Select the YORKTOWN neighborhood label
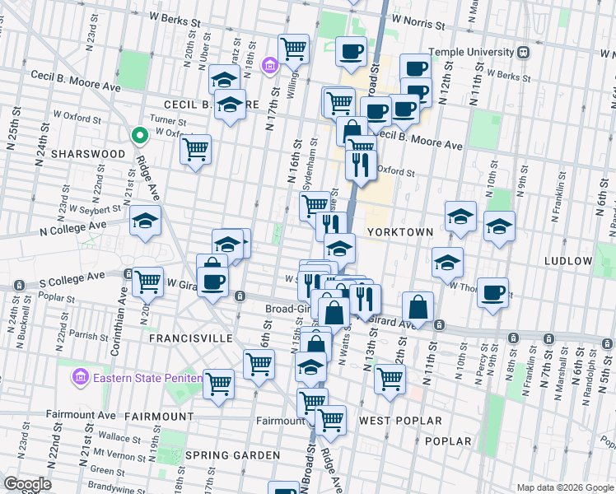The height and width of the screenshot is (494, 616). click(400, 232)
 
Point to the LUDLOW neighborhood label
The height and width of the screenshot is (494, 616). click(568, 261)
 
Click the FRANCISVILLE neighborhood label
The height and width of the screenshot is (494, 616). click(188, 338)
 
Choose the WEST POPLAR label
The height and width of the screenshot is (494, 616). click(392, 421)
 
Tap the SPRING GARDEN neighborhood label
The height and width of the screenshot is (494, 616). click(233, 455)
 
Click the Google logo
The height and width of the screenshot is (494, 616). click(27, 484)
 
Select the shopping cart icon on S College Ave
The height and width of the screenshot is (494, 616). click(148, 282)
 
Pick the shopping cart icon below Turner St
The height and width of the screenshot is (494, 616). click(196, 149)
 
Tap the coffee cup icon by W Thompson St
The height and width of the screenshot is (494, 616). click(493, 292)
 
